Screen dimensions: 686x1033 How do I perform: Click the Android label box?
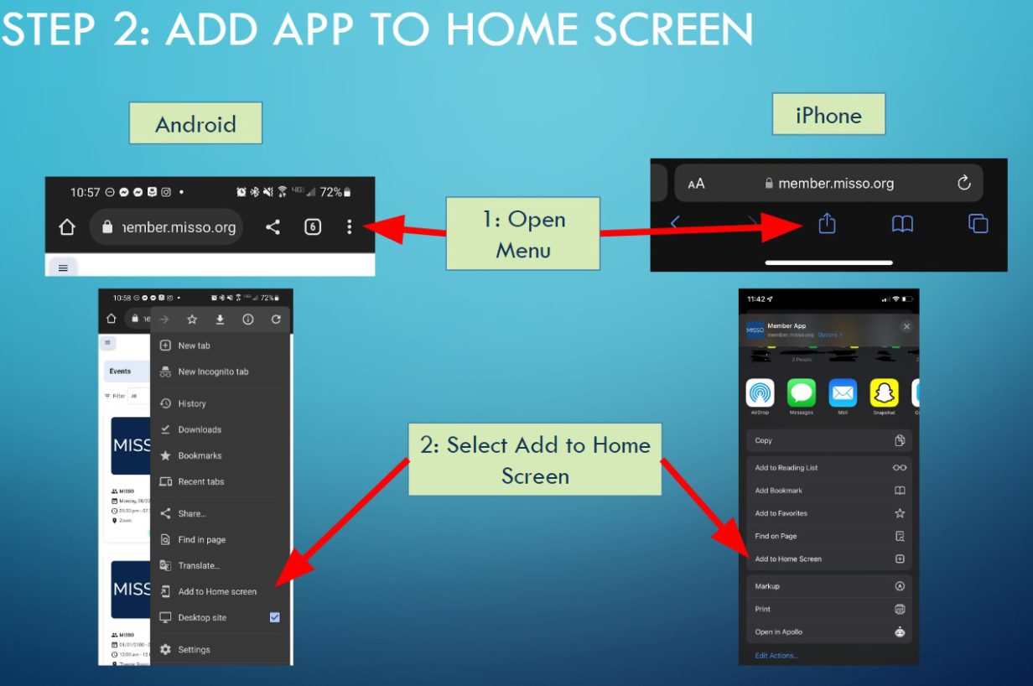point(195,123)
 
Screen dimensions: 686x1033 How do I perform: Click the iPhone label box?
point(828,114)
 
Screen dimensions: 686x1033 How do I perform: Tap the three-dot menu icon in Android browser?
point(350,226)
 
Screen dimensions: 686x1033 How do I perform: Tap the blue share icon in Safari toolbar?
point(827,223)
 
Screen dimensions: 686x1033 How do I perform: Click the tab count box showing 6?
point(313,226)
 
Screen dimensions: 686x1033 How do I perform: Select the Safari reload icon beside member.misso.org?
point(963,183)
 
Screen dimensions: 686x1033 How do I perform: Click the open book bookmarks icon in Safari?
point(902,224)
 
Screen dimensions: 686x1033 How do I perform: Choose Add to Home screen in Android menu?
point(217,591)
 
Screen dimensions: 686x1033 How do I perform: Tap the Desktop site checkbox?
point(274,617)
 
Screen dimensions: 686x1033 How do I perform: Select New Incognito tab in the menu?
point(213,372)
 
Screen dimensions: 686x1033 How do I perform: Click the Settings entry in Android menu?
point(194,649)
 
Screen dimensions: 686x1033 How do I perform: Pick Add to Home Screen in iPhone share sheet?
point(788,559)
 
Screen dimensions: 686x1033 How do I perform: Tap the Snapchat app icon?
point(884,393)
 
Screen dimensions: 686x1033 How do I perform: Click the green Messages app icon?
point(801,393)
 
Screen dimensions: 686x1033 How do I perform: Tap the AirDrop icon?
point(760,393)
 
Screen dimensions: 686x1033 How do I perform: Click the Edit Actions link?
point(776,655)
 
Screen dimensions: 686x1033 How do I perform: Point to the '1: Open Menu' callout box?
point(523,233)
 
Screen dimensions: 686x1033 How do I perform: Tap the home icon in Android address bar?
point(67,227)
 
